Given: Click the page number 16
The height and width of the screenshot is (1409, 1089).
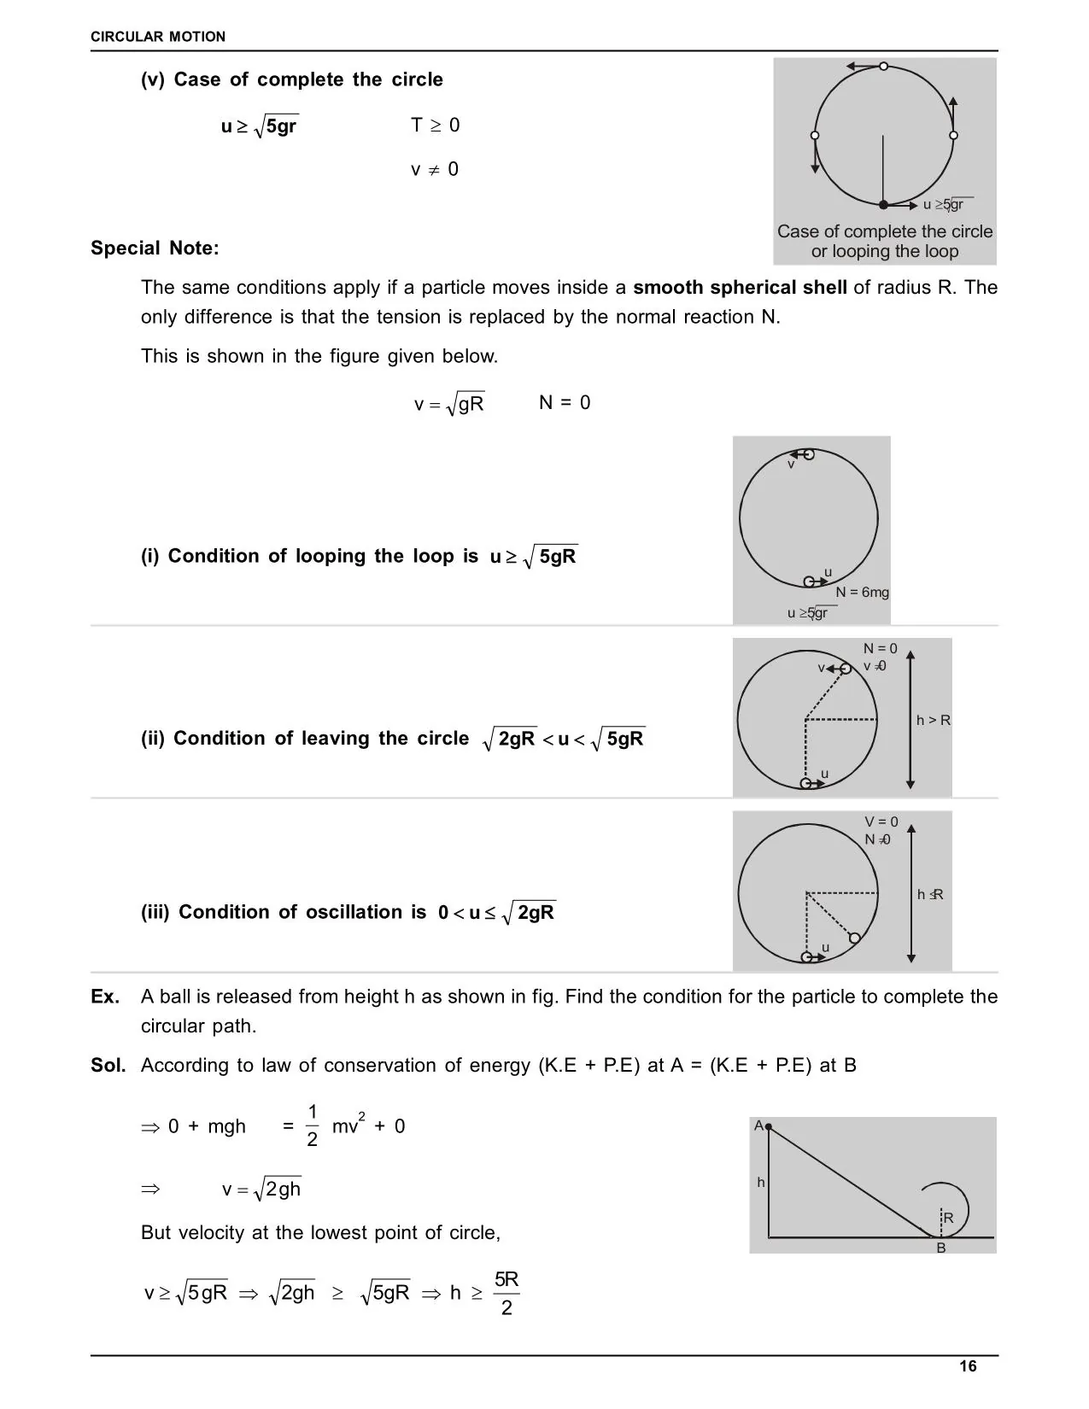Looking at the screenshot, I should pos(968,1366).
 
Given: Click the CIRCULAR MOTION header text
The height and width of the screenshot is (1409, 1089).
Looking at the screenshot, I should pos(158,37).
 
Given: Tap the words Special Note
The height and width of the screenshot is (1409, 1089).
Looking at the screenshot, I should pos(155,248).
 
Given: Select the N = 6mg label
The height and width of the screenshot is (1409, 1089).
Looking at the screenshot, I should pos(862,593).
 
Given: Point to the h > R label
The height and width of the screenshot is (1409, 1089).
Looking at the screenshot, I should pos(933,721).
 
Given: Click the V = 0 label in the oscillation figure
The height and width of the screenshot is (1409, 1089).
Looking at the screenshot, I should pos(881,822).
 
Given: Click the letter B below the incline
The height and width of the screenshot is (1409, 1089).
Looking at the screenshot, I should pos(941,1248).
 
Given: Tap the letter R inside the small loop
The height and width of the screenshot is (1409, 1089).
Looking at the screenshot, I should pos(948,1218).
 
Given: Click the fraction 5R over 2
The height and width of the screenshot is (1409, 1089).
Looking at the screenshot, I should pos(506,1293).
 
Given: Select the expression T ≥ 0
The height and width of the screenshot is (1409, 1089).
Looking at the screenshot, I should pos(435,126).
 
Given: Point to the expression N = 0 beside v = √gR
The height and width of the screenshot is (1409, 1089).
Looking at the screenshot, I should pos(565,403).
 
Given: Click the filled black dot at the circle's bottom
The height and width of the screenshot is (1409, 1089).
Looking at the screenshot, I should pos(884,205).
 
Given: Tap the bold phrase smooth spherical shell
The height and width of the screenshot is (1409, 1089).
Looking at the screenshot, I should pos(740,288).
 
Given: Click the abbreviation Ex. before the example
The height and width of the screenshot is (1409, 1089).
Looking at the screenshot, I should pos(105,997).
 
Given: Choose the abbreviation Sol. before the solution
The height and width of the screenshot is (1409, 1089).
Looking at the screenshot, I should pos(108,1066).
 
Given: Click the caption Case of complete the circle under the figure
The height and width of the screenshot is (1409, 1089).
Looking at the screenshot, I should pos(885,232).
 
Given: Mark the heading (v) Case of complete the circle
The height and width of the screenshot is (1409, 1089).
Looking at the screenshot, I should pos(292,80).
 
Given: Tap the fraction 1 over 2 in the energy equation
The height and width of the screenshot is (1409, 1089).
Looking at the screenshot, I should pos(312,1125).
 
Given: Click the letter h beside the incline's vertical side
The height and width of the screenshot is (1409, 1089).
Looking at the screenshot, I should pos(760,1183).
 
